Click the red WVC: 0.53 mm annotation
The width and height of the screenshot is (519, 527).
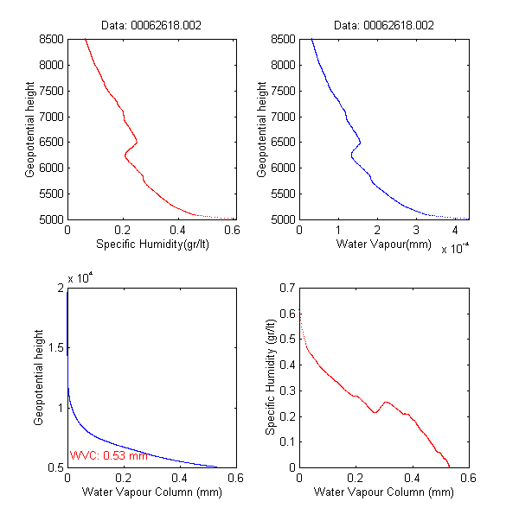pyautogui.click(x=109, y=455)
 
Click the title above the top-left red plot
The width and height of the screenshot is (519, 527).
pyautogui.click(x=152, y=26)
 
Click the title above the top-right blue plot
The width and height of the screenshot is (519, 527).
pyautogui.click(x=383, y=26)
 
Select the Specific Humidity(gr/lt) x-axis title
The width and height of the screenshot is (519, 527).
pyautogui.click(x=152, y=244)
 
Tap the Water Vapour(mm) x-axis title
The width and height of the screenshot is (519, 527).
pyautogui.click(x=383, y=244)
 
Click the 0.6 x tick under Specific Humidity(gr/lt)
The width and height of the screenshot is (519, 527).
pyautogui.click(x=233, y=232)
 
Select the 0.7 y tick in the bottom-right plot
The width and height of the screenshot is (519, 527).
pyautogui.click(x=285, y=287)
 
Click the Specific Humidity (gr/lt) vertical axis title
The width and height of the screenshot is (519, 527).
pyautogui.click(x=271, y=377)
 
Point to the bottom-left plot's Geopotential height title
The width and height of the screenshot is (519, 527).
pyautogui.click(x=39, y=377)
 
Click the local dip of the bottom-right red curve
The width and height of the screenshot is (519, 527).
pyautogui.click(x=375, y=412)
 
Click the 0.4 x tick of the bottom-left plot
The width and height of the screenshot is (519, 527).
pyautogui.click(x=181, y=479)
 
